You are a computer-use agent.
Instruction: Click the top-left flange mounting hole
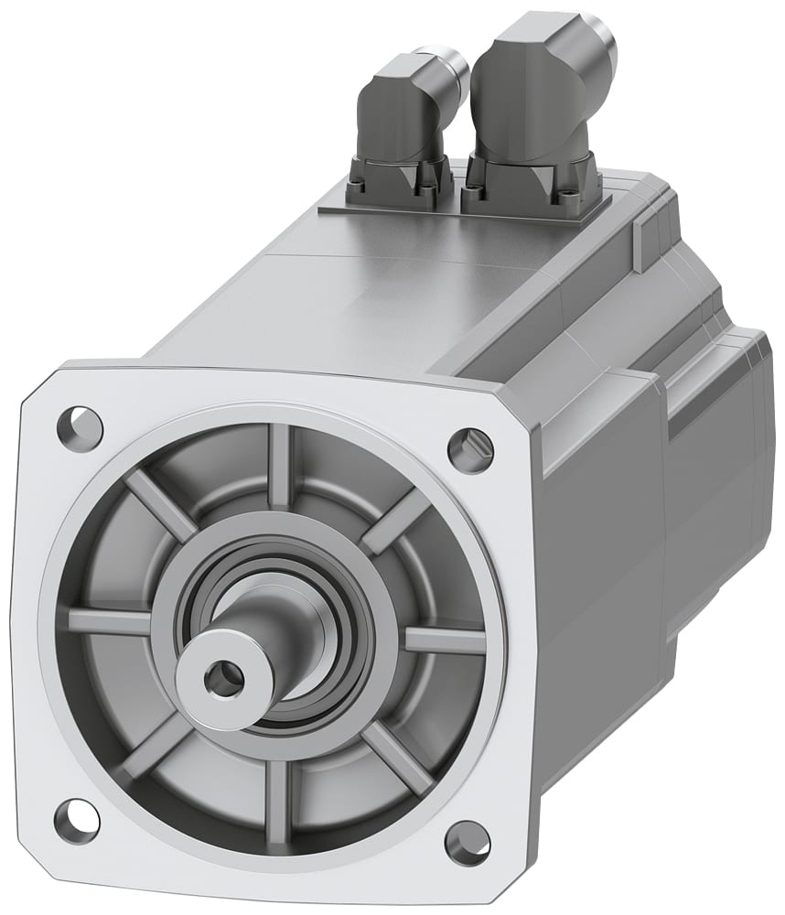pyautogui.click(x=80, y=425)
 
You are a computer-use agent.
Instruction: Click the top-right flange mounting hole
pyautogui.click(x=470, y=450)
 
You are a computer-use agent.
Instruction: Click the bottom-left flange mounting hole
pyautogui.click(x=76, y=820)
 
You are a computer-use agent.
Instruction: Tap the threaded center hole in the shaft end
pyautogui.click(x=222, y=678)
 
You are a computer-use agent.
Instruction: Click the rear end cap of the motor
pyautogui.click(x=723, y=457)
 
